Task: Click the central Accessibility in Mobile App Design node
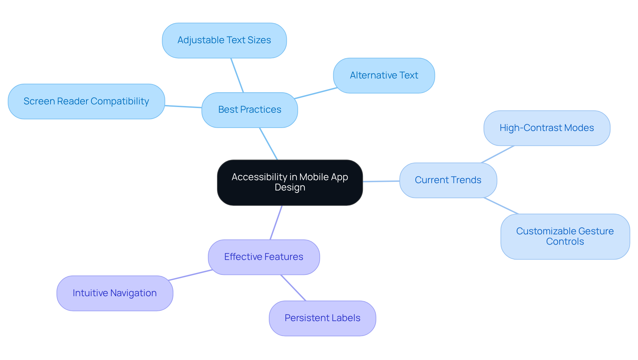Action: [x=290, y=182]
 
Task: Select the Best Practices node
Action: [x=250, y=110]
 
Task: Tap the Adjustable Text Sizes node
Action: [x=224, y=41]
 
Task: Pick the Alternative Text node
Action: [x=384, y=76]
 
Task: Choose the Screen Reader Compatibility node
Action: [x=86, y=101]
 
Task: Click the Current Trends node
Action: [x=448, y=180]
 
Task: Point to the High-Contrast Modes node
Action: [x=547, y=128]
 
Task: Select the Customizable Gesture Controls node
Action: [x=565, y=236]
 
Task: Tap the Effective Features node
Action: [x=264, y=257]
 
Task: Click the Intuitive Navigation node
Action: [x=115, y=293]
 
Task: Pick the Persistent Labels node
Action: [x=322, y=318]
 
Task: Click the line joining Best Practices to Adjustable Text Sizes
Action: [x=237, y=75]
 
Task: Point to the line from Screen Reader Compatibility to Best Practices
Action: [x=183, y=107]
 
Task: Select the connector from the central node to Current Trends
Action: [x=381, y=181]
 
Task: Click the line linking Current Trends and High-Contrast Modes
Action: [x=497, y=154]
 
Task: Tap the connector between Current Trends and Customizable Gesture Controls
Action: [x=501, y=206]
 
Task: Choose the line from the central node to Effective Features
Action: [x=276, y=222]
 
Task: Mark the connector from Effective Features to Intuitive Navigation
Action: [x=190, y=275]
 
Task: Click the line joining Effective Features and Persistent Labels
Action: [x=293, y=288]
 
